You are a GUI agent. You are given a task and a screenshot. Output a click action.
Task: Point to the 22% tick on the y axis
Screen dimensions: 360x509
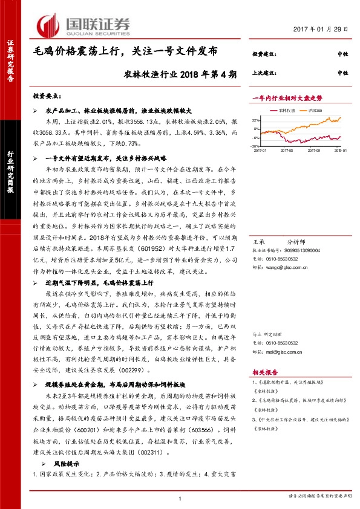point(256,120)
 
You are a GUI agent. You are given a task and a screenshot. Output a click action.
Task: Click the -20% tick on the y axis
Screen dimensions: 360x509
point(256,146)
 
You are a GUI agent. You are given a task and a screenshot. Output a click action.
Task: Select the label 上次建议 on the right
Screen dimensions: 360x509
point(262,73)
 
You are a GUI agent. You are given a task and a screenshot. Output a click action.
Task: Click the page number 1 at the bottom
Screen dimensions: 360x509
point(180,497)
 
